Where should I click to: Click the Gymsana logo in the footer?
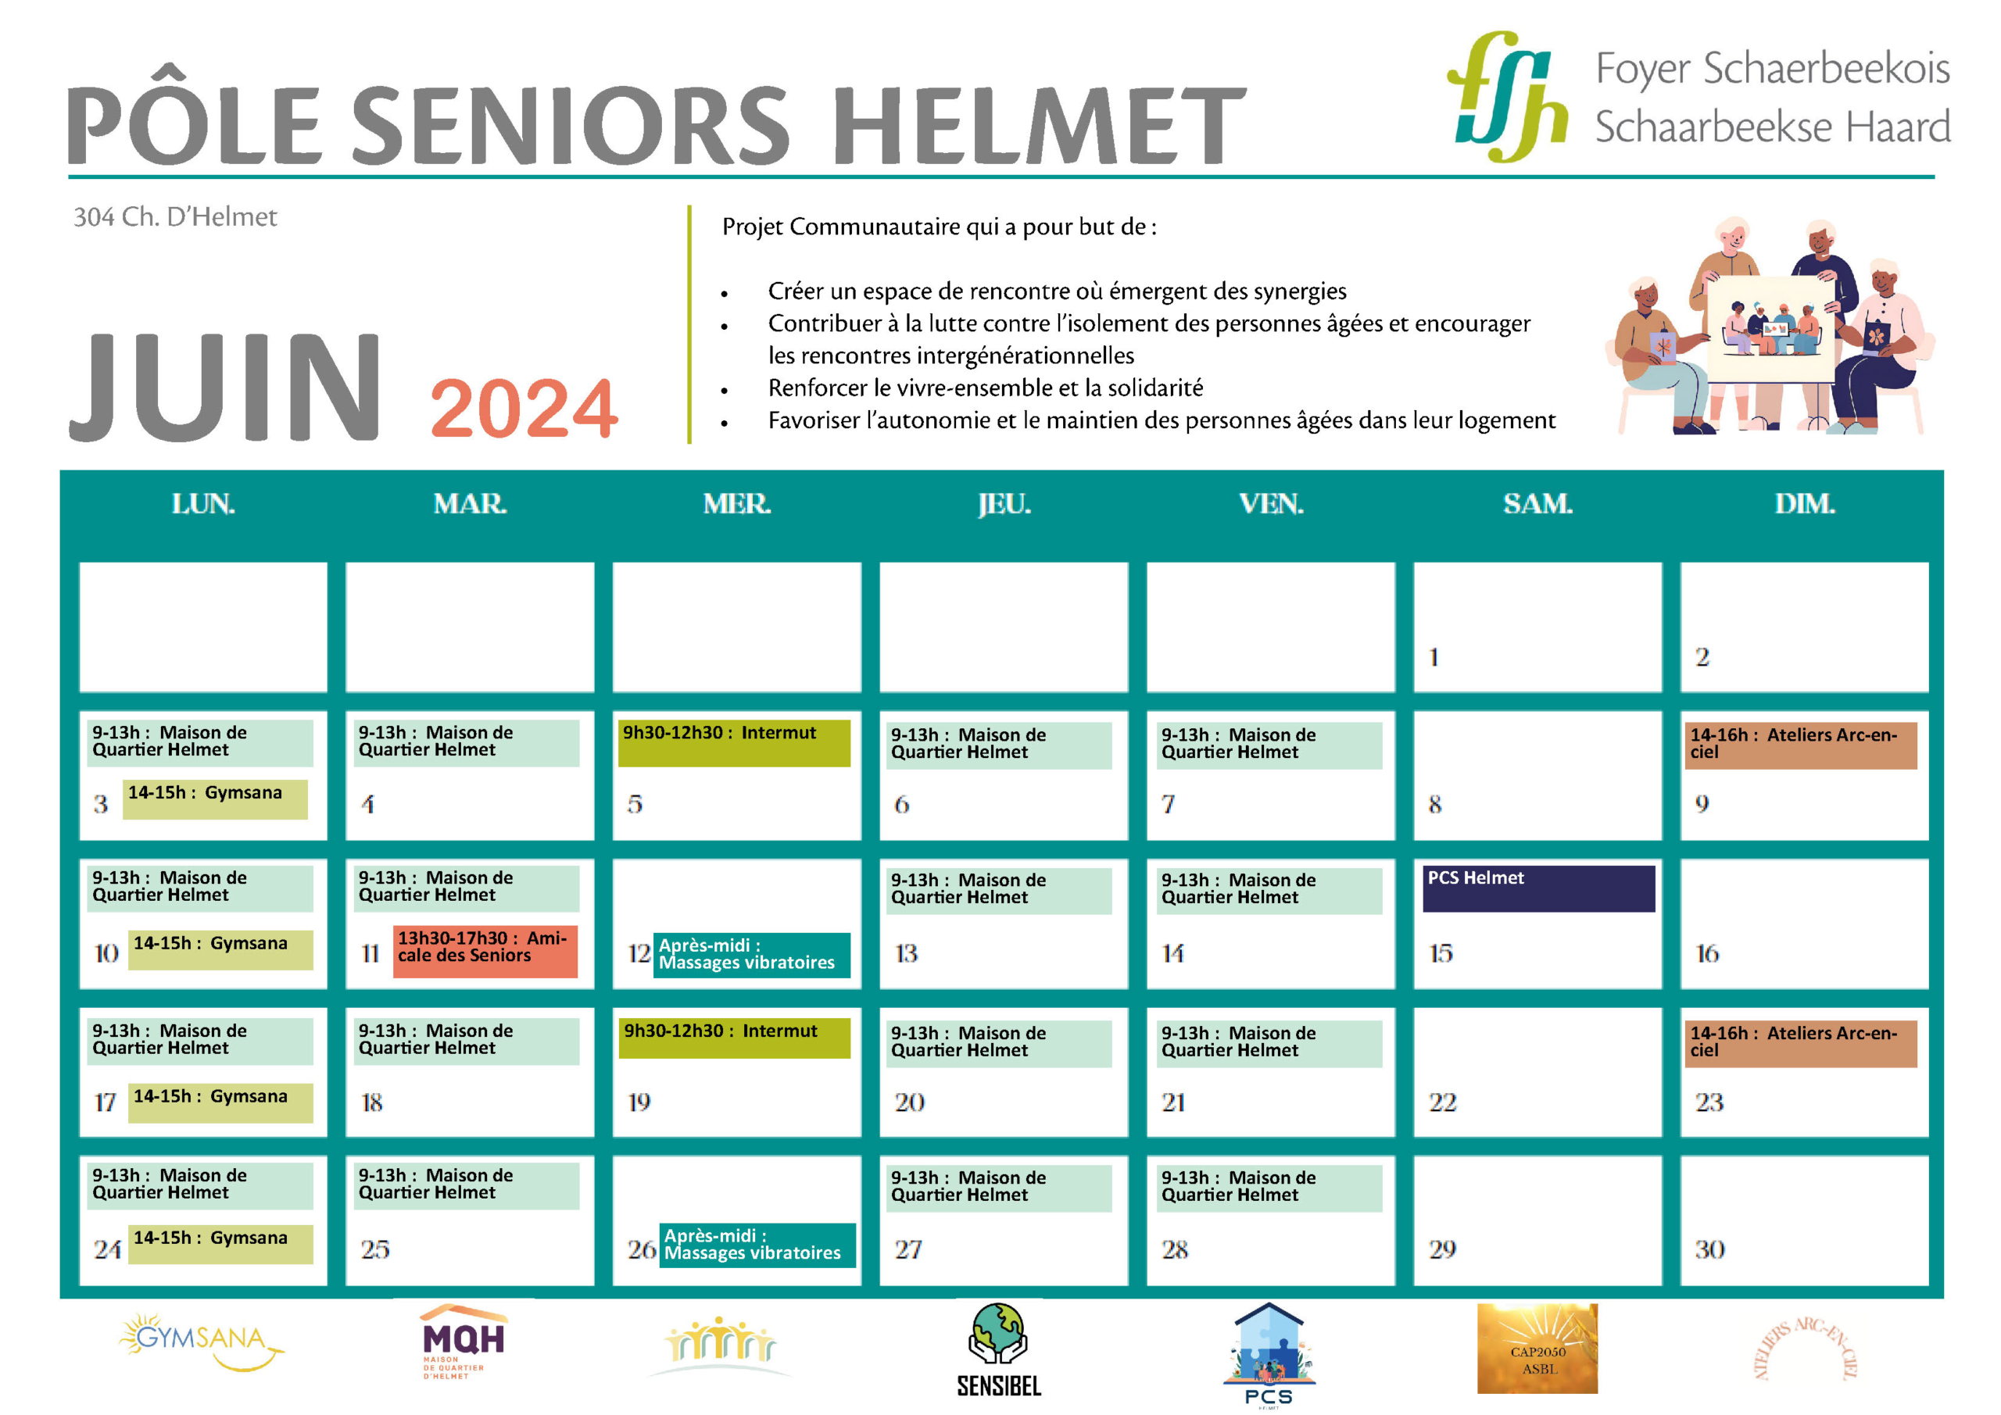(202, 1342)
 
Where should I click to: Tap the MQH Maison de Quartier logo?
(464, 1342)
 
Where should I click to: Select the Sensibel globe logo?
(999, 1349)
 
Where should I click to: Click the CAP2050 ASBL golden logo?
(1537, 1349)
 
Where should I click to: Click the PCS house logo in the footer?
(1269, 1354)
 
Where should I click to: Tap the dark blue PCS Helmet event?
(1538, 888)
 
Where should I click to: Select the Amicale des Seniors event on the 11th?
(485, 951)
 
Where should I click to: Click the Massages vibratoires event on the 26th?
(757, 1245)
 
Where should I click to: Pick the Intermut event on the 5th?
(734, 743)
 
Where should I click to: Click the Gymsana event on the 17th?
(220, 1102)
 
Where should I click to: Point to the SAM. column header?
(1537, 504)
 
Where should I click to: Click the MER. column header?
(736, 504)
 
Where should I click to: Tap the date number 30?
(1709, 1249)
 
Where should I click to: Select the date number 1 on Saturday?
(1434, 657)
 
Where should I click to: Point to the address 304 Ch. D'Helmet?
(175, 217)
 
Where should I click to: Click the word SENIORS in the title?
(571, 124)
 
